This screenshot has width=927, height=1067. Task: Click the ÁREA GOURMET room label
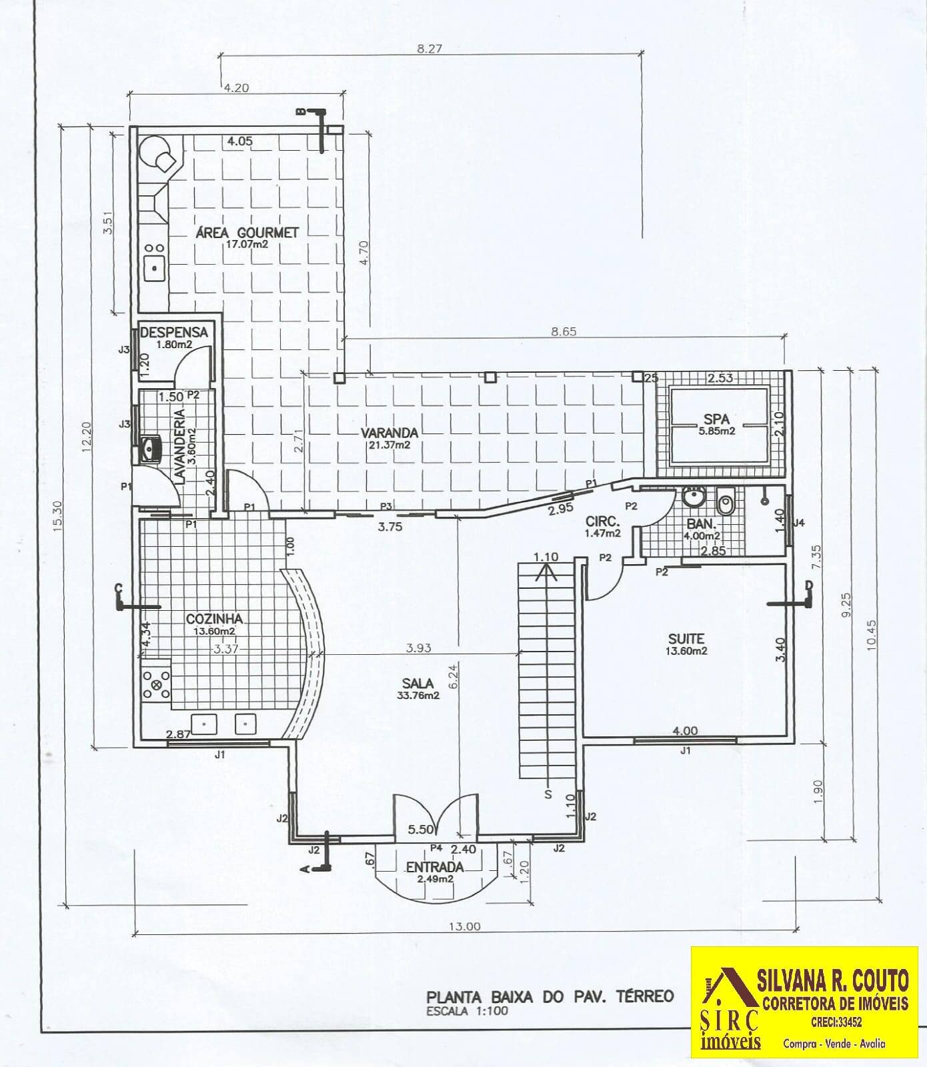pos(247,233)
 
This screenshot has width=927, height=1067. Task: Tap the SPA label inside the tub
pos(716,419)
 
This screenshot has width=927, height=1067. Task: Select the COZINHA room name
pos(214,619)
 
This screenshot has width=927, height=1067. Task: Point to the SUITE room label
pos(686,638)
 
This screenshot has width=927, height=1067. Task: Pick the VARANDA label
pos(391,432)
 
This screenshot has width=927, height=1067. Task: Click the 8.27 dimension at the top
pos(429,48)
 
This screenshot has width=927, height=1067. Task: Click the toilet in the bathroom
pos(725,500)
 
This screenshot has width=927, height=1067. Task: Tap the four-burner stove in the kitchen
pos(156,684)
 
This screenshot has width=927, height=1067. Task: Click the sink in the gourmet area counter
pos(155,268)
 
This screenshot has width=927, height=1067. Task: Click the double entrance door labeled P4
pos(435,816)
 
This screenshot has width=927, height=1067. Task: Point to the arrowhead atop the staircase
pos(546,570)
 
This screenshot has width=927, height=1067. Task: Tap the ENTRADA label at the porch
pos(434,867)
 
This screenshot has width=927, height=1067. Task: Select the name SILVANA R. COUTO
pos(833,981)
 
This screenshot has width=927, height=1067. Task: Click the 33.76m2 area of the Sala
pos(419,696)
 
